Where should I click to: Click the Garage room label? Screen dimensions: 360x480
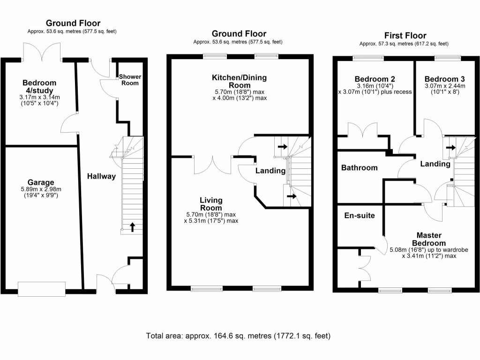[40, 182]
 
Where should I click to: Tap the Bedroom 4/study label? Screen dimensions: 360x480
[39, 87]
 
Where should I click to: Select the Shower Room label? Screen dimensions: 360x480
[130, 80]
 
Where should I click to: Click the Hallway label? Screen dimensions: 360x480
[101, 176]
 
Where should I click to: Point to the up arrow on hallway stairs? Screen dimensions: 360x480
[132, 227]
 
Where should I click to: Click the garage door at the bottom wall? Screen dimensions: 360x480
[41, 287]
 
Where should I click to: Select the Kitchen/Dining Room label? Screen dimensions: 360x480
[239, 81]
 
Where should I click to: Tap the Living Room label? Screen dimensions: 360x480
[211, 204]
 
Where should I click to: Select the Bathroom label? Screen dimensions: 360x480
[359, 167]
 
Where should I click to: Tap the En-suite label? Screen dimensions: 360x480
[359, 216]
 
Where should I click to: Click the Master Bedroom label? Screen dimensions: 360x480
[428, 239]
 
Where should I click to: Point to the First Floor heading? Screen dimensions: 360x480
[405, 36]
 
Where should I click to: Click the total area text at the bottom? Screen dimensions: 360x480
[239, 336]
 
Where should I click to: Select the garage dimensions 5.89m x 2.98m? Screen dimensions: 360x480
[40, 192]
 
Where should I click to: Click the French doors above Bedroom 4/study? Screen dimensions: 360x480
[41, 52]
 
